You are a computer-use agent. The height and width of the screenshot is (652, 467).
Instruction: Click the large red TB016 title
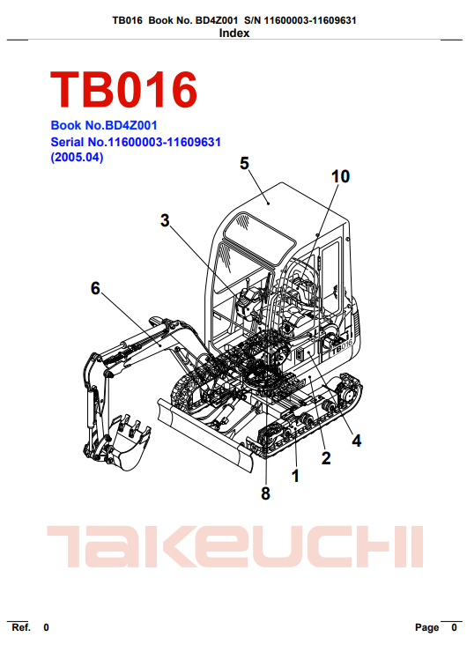123,89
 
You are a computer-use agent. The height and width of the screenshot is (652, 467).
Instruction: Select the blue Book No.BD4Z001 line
104,125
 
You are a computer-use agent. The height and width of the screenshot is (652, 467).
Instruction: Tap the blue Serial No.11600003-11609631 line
136,142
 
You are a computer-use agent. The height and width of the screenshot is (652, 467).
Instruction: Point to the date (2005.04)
77,158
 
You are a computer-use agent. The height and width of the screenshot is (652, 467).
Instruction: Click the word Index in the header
234,33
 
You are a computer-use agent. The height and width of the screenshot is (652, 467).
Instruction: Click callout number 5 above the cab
245,163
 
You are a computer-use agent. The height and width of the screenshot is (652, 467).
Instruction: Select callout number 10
340,177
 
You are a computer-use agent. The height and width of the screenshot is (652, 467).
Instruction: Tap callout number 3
165,220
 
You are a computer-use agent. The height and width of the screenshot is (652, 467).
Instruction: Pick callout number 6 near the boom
95,288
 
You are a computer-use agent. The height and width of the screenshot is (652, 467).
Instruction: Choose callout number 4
356,441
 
